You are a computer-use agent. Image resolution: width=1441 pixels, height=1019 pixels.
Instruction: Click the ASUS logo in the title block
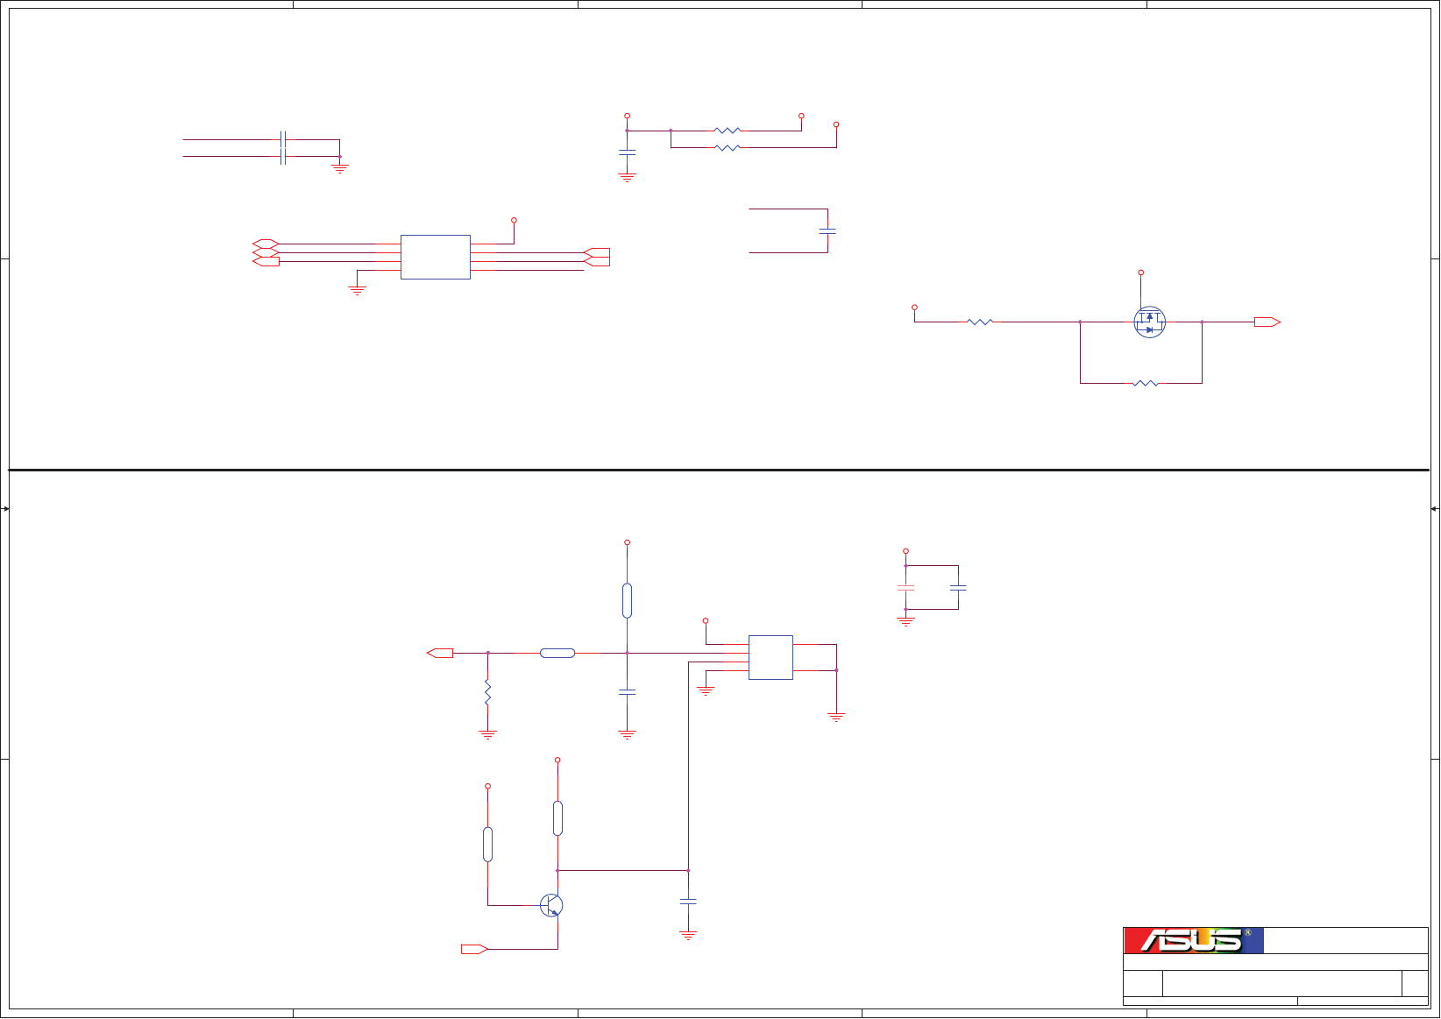click(x=1193, y=940)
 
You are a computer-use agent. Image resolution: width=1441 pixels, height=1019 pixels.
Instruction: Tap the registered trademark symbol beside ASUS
click(x=1247, y=933)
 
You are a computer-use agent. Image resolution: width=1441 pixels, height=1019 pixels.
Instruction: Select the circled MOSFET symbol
click(x=1149, y=322)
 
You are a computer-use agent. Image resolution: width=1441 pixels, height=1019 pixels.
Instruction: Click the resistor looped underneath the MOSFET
click(x=1145, y=383)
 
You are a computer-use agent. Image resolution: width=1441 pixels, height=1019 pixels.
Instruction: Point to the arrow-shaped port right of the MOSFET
click(x=1267, y=322)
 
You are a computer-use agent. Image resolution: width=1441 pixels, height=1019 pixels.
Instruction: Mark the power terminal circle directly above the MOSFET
click(x=1140, y=272)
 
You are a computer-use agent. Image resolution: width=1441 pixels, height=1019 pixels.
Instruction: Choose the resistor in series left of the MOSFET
click(x=980, y=322)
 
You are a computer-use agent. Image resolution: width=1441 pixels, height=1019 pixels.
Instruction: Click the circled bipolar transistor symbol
click(x=551, y=905)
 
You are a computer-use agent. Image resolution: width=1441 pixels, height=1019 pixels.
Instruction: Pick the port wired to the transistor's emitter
click(x=474, y=949)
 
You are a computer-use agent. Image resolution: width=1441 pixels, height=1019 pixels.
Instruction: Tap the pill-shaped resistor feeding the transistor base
click(x=487, y=844)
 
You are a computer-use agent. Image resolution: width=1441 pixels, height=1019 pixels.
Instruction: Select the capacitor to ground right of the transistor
click(x=688, y=901)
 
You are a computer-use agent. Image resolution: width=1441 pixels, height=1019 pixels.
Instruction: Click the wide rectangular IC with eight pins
click(x=436, y=257)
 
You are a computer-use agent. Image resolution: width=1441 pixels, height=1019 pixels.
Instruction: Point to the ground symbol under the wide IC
click(x=357, y=289)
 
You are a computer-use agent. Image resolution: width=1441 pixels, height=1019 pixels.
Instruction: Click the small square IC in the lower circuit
click(x=770, y=657)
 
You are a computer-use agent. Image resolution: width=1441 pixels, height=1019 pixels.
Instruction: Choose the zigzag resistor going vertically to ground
click(x=487, y=693)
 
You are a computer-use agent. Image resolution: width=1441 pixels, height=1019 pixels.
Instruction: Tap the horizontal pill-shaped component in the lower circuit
click(x=557, y=653)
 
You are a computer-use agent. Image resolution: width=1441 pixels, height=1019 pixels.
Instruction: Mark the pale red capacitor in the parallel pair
click(x=905, y=587)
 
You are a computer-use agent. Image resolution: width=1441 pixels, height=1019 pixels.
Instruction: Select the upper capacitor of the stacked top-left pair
click(x=282, y=139)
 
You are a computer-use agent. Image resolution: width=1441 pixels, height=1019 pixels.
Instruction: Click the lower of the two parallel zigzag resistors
click(x=728, y=148)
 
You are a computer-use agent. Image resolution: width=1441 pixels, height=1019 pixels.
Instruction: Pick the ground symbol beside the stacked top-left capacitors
click(x=339, y=167)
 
